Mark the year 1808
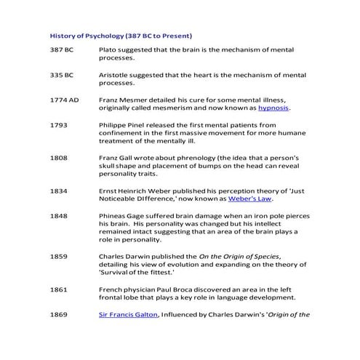coord(58,156)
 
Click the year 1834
coord(58,190)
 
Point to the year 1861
coord(58,289)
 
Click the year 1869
coord(58,314)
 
